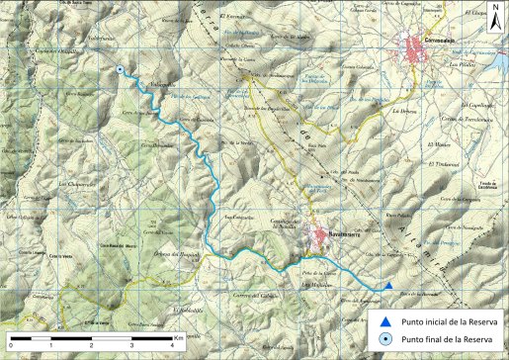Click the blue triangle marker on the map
click(x=389, y=287)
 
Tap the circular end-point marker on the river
click(x=120, y=70)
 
